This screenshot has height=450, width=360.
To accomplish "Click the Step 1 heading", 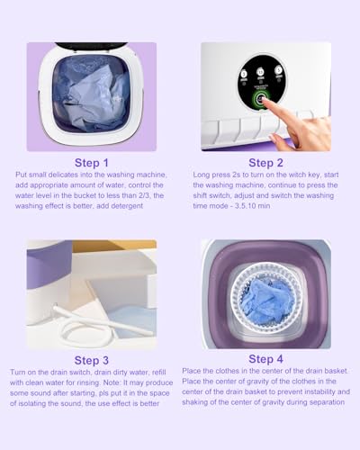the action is (x=91, y=163).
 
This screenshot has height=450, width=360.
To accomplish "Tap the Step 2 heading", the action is (x=265, y=163).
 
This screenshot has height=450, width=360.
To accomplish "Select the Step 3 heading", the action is (x=91, y=360).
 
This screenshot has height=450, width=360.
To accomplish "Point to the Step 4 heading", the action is (x=265, y=359).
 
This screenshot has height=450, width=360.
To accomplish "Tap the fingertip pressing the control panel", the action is (x=266, y=103).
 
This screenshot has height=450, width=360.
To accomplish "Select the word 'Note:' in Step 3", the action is (x=112, y=382).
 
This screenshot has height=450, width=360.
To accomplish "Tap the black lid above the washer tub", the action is (x=91, y=45).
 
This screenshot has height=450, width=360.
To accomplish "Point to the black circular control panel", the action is (x=262, y=84).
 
